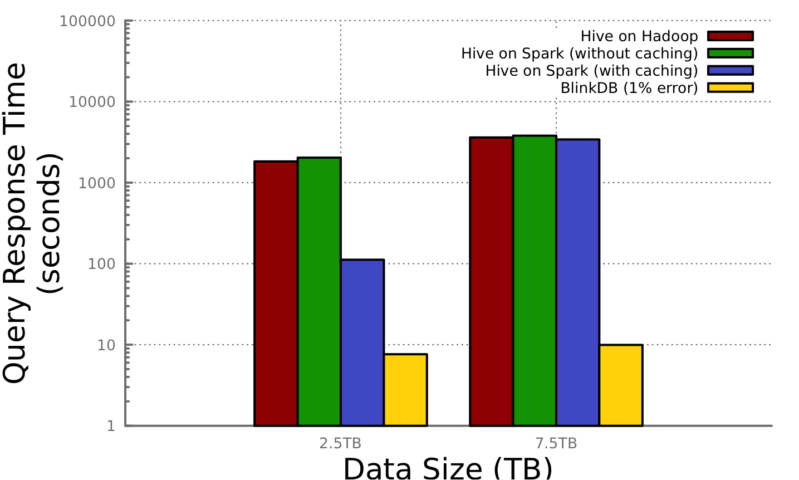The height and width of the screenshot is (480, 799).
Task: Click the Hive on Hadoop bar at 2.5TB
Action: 276,293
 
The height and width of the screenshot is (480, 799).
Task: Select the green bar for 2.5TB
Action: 319,292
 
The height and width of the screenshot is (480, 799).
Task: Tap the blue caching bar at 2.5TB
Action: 362,342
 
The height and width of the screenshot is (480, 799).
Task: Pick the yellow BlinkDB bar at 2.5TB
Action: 405,390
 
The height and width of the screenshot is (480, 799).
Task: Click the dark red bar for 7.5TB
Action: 492,281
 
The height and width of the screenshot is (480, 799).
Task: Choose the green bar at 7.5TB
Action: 535,281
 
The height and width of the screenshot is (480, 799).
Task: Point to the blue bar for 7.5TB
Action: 578,282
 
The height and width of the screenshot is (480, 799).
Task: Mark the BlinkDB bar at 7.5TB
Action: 621,385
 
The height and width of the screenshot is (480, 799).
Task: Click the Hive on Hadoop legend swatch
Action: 731,36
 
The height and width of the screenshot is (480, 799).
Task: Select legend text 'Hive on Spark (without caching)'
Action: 579,53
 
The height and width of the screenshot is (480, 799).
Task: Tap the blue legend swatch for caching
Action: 731,71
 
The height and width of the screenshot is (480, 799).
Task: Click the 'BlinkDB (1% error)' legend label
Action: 629,88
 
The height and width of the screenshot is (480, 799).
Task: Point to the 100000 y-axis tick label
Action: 87,21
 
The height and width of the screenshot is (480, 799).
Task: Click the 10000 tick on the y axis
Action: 92,102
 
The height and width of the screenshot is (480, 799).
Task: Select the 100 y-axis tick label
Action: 101,264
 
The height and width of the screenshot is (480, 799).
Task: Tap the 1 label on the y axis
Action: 111,426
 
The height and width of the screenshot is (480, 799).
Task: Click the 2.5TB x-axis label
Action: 340,444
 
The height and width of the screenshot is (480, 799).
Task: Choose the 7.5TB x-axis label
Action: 556,444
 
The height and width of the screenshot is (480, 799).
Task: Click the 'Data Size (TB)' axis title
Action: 448,468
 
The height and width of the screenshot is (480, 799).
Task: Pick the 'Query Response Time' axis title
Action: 16,223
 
